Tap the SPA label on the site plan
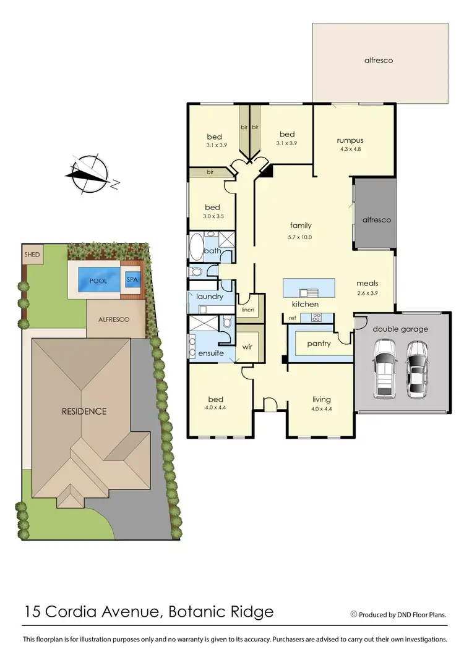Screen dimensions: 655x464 (x=132, y=280)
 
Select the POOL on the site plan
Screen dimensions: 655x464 (x=98, y=281)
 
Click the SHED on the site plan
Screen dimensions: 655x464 (x=32, y=255)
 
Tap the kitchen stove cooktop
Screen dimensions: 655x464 (x=316, y=318)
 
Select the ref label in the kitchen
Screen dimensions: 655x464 (x=293, y=318)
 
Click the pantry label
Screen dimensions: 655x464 (x=319, y=344)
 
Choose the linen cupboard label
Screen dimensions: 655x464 (x=247, y=309)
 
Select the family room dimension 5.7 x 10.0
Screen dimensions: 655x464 (x=300, y=237)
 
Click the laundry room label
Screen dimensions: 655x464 (x=209, y=297)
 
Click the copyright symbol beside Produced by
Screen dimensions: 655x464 (x=354, y=614)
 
